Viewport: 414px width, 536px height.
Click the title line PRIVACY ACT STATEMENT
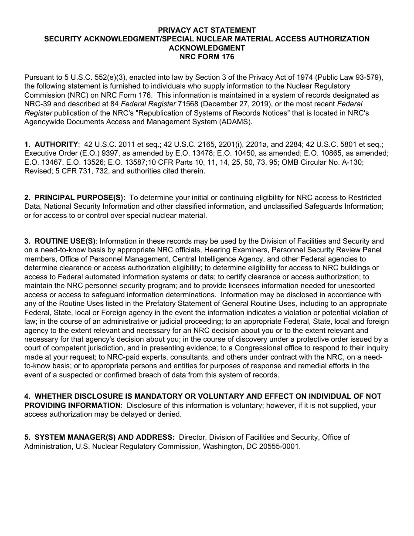pos(207,30)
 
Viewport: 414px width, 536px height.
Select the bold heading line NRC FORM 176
pos(207,57)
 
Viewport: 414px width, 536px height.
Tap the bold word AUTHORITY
pos(56,144)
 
